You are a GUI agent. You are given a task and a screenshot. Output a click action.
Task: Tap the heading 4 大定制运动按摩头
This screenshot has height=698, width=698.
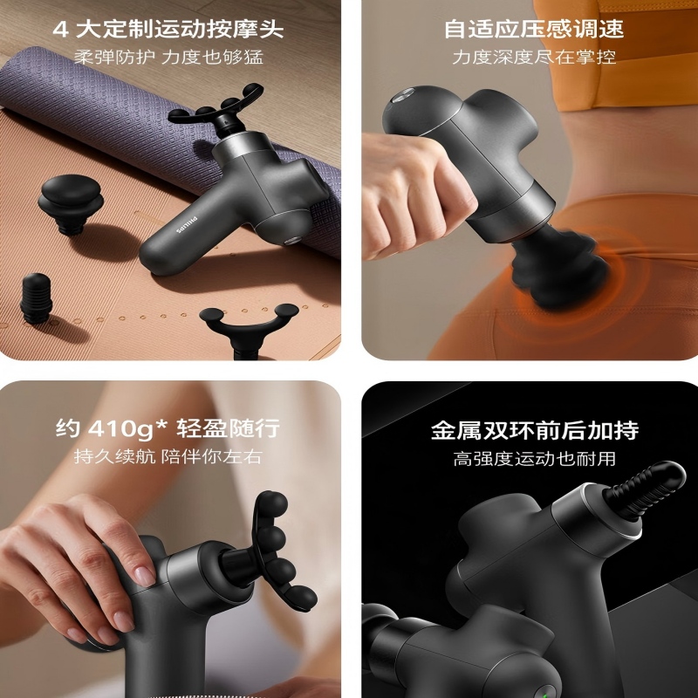(x=168, y=30)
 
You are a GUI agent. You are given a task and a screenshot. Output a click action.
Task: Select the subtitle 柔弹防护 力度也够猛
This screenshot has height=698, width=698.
(x=168, y=58)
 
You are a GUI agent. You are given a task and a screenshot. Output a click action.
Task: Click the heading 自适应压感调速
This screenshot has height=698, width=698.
(x=534, y=29)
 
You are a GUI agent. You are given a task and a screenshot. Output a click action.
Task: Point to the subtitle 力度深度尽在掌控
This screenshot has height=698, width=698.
(x=534, y=58)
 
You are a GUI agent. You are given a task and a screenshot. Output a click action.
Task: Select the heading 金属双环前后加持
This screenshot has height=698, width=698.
(x=535, y=430)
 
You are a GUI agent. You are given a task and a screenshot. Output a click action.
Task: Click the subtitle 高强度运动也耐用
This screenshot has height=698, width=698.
(x=534, y=459)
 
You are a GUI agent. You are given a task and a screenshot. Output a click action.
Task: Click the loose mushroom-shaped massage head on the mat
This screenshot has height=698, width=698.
(x=71, y=203)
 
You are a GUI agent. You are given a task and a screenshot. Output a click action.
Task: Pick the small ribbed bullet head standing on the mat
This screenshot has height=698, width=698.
(x=36, y=298)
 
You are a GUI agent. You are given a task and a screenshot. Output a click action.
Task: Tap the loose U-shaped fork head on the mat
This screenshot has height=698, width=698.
(x=249, y=330)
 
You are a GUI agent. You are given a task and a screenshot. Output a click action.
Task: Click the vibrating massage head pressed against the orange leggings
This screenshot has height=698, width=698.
(x=558, y=266)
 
